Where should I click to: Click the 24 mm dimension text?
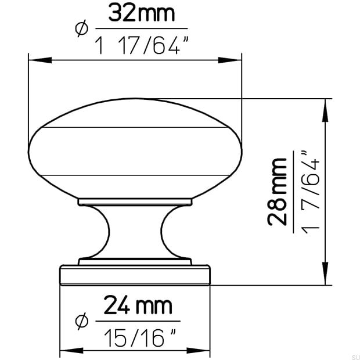click(138, 305)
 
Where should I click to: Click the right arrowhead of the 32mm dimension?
click(236, 59)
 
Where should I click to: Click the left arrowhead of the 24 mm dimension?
click(64, 350)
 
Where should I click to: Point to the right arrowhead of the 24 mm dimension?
click(206, 350)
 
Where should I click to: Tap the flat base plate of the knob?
click(135, 275)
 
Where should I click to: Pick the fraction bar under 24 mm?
click(138, 321)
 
